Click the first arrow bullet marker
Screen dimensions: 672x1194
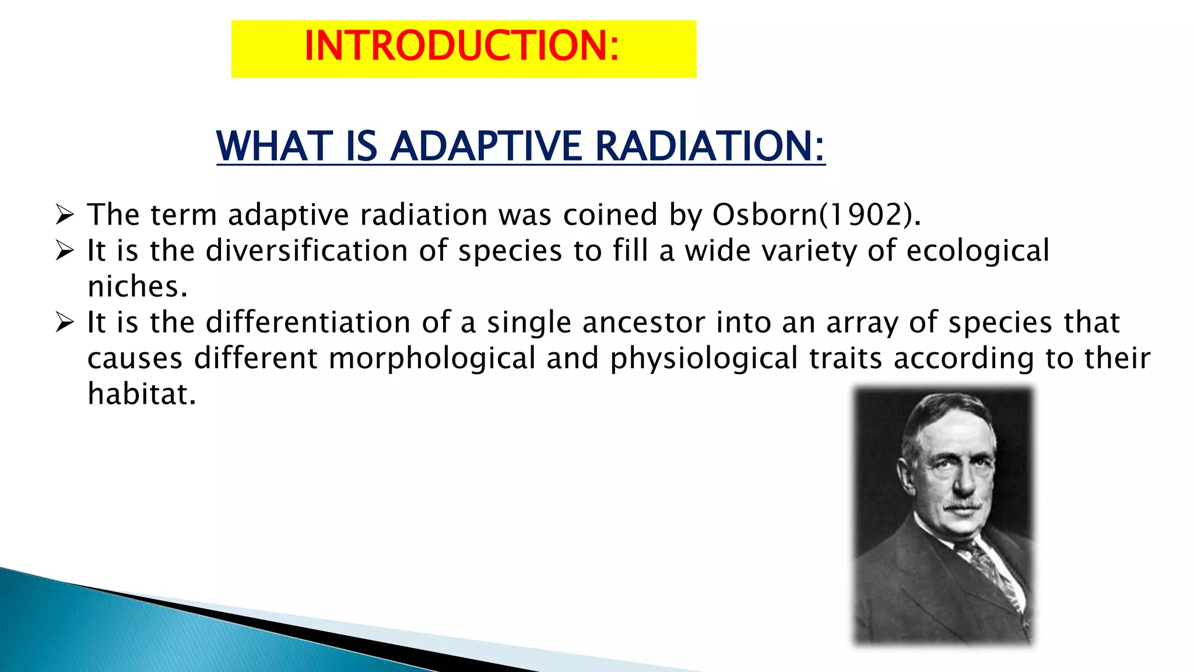pyautogui.click(x=65, y=215)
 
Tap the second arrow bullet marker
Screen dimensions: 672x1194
pyautogui.click(x=65, y=251)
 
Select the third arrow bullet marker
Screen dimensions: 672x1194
pyautogui.click(x=65, y=322)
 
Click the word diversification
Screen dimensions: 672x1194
pyautogui.click(x=307, y=251)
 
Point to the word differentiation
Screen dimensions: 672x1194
pyautogui.click(x=308, y=323)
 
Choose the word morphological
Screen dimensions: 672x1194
pyautogui.click(x=431, y=359)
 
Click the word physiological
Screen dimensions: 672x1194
pyautogui.click(x=703, y=359)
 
